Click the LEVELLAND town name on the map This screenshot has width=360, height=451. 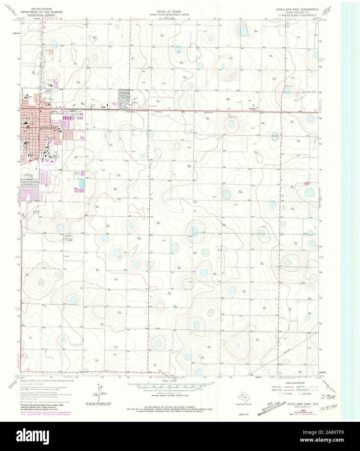click(x=48, y=128)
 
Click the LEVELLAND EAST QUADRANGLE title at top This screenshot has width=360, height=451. click(x=297, y=10)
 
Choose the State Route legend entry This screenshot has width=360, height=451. click(x=306, y=394)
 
